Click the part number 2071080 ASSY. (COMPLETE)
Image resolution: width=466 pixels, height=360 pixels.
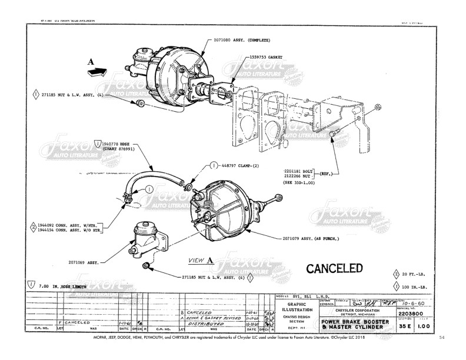tap(240, 41)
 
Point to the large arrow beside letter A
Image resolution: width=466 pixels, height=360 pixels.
tap(98, 72)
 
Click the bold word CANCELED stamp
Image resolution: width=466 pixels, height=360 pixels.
tap(334, 269)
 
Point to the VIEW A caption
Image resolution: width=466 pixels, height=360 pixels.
tap(201, 259)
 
